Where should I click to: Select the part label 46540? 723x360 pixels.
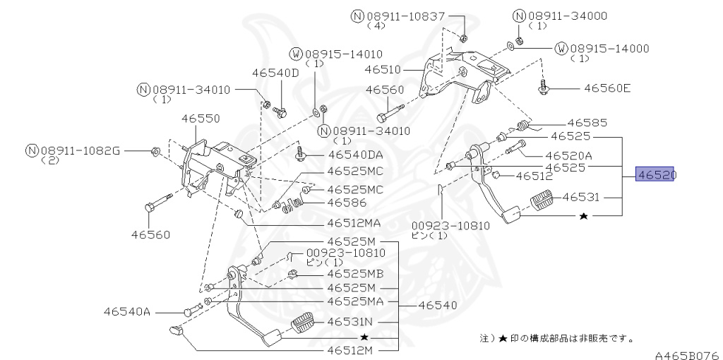coord(438,306)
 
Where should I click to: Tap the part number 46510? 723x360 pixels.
coord(383,70)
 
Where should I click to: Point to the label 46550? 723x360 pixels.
coord(201,119)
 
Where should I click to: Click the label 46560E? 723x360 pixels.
coord(607,89)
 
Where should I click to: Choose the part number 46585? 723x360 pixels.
coord(587,122)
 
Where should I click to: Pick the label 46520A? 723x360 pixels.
coord(568,155)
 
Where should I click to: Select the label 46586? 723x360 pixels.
coord(347,203)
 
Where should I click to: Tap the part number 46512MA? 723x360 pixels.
coord(354,223)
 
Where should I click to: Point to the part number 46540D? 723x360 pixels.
coord(276,73)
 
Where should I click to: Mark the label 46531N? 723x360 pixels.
coord(354,322)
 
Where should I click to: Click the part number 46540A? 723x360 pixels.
coord(127,311)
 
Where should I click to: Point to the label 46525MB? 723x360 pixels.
coord(355,274)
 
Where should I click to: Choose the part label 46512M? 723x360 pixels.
coord(352,349)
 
